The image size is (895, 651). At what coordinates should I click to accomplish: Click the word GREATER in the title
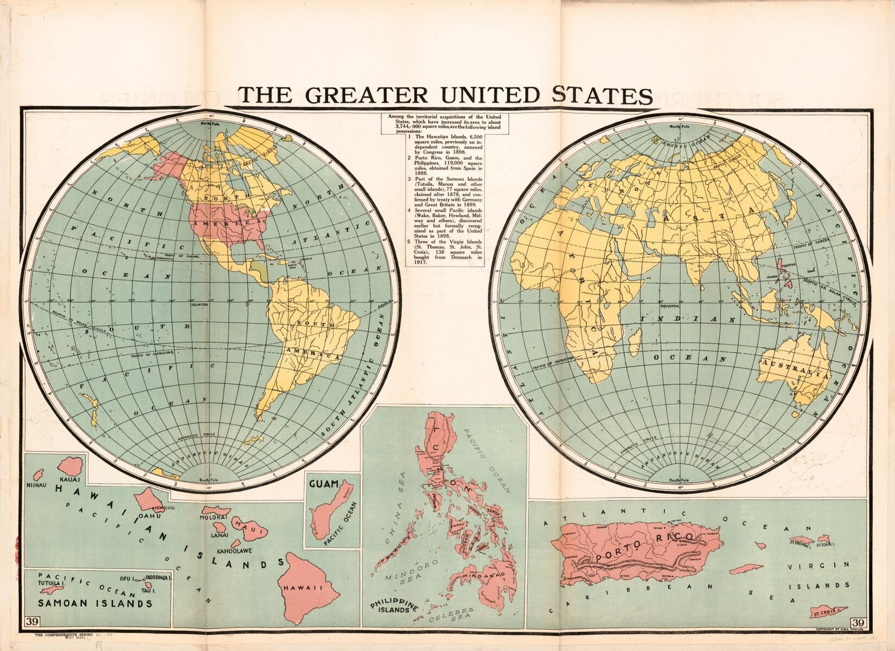(x=367, y=95)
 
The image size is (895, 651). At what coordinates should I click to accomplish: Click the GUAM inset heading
(x=324, y=484)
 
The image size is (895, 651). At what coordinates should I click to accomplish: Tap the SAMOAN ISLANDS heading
(x=94, y=603)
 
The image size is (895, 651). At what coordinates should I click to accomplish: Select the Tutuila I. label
(x=51, y=582)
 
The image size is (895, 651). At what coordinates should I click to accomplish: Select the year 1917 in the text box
(x=419, y=262)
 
